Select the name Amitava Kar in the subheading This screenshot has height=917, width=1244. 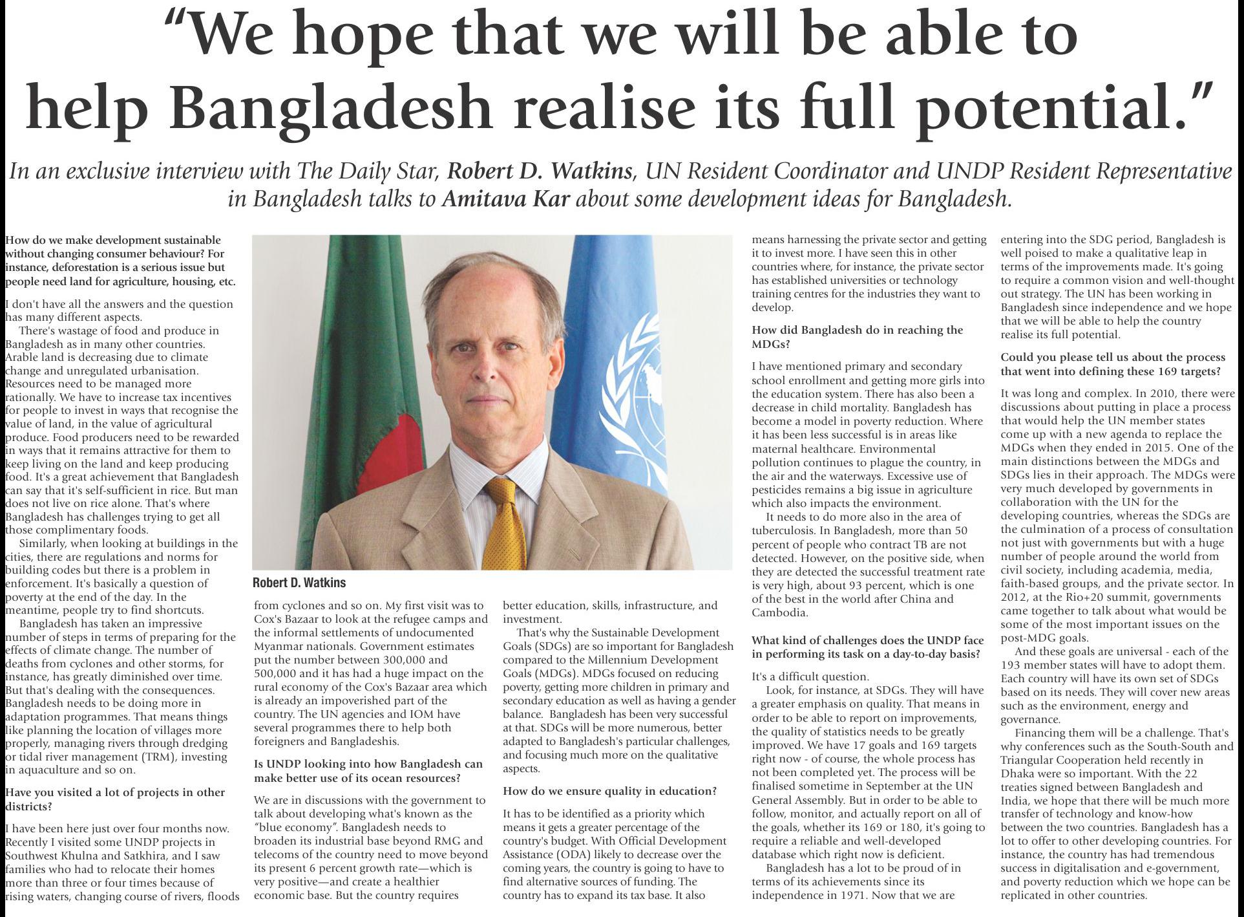point(505,198)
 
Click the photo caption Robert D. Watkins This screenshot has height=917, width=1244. point(299,583)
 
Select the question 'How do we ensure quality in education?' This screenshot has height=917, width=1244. point(609,791)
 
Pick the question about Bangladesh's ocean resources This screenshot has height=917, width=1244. point(368,771)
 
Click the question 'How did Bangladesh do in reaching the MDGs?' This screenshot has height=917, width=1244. point(857,336)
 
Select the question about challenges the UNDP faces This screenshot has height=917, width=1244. point(867,647)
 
